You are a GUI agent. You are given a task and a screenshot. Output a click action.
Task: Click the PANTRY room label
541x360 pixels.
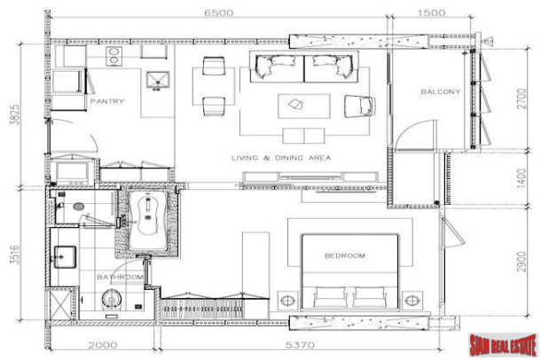click(107, 101)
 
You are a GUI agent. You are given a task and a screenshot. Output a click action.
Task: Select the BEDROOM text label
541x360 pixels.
click(344, 255)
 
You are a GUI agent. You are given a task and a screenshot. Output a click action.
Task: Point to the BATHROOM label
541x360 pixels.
click(121, 278)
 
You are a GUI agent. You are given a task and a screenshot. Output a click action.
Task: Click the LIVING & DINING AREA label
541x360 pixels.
click(281, 158)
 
